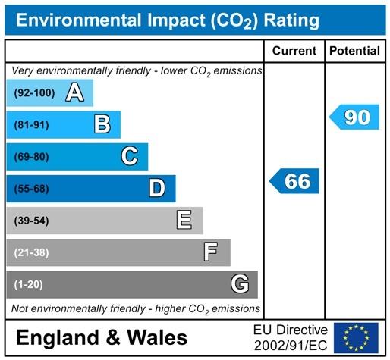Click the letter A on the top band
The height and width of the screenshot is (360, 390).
click(x=74, y=92)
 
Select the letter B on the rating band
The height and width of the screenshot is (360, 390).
click(x=102, y=124)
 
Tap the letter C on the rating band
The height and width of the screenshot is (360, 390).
click(x=129, y=156)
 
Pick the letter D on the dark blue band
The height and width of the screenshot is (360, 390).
click(x=156, y=188)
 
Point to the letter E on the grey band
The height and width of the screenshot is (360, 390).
click(x=184, y=220)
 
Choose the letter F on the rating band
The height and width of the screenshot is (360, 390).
click(x=211, y=252)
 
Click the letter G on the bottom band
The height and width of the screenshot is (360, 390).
click(x=239, y=284)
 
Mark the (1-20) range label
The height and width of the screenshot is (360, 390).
click(x=30, y=285)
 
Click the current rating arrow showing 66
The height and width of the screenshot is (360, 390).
click(x=295, y=181)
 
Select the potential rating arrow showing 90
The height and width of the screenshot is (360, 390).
click(x=354, y=117)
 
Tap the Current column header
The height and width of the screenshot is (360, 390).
click(x=294, y=52)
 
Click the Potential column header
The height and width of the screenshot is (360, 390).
click(x=354, y=52)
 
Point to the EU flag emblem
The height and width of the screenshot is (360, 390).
click(x=356, y=337)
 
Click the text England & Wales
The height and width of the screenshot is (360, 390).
click(x=101, y=337)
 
